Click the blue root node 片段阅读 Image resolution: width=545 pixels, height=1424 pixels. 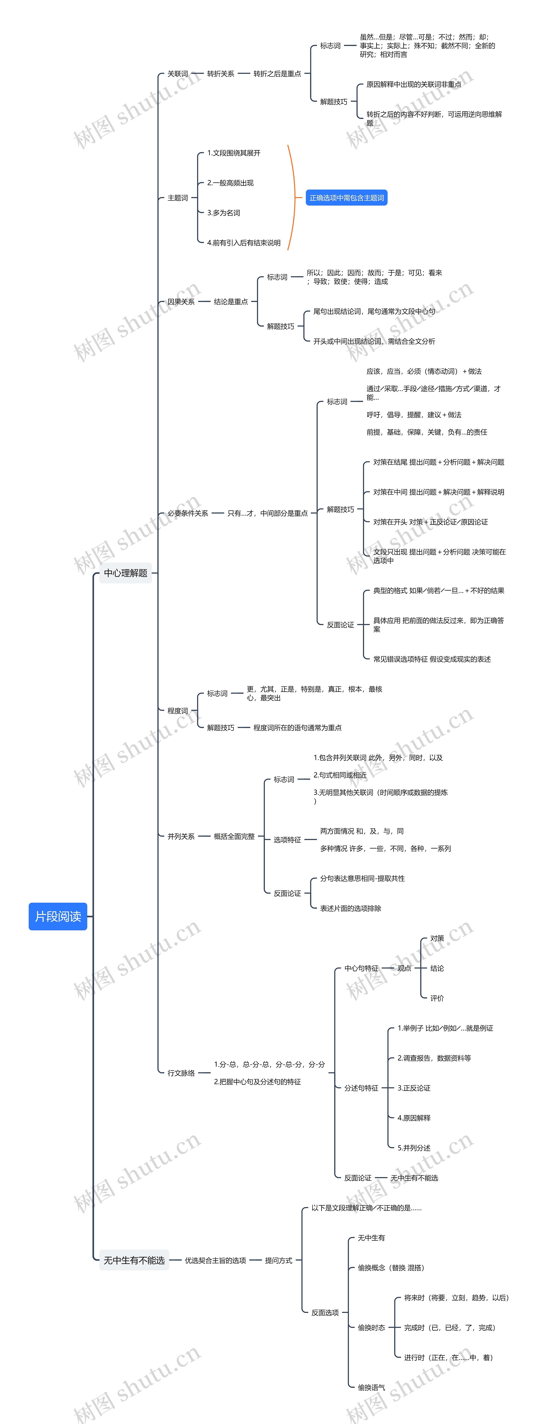pyautogui.click(x=58, y=916)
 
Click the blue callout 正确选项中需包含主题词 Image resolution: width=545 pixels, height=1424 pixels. pyautogui.click(x=347, y=198)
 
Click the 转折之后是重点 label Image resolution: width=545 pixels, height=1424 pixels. pyautogui.click(x=277, y=73)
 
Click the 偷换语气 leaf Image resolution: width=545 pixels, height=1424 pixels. pyautogui.click(x=371, y=1387)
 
